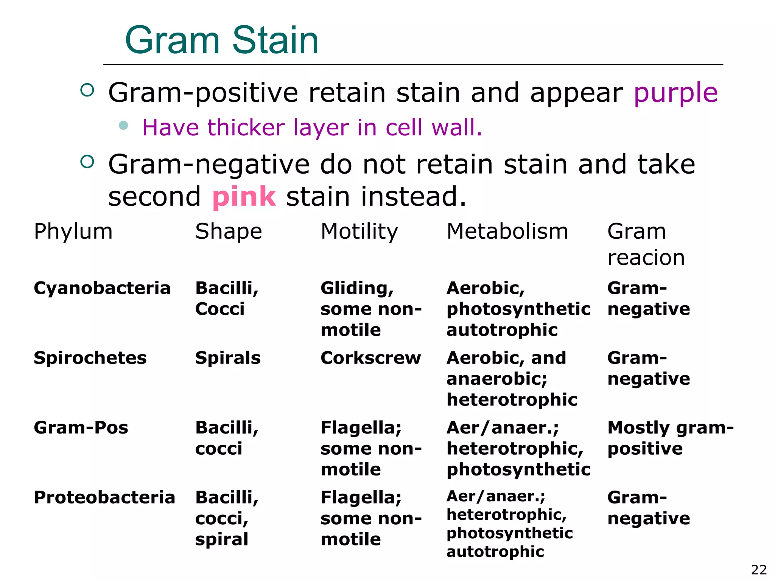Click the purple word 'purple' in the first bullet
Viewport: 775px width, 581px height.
[675, 93]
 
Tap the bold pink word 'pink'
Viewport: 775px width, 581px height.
[244, 197]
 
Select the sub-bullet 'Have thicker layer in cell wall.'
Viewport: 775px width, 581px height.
[312, 127]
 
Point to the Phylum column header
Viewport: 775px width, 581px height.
[73, 231]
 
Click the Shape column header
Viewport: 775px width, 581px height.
[229, 231]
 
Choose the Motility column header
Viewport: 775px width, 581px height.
[359, 231]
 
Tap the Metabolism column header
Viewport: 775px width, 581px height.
[507, 231]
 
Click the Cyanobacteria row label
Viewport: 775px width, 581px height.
[102, 288]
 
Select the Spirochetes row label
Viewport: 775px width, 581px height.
[90, 358]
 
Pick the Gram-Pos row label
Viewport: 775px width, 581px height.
[81, 428]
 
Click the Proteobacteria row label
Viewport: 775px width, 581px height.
[104, 497]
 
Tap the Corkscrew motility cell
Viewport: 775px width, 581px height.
[370, 358]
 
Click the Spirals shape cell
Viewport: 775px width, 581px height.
[228, 358]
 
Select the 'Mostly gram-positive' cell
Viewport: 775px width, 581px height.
[670, 438]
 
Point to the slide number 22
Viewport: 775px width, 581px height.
[759, 570]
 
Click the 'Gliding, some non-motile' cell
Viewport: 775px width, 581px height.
[371, 309]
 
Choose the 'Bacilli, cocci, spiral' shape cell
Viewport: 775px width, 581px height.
[227, 518]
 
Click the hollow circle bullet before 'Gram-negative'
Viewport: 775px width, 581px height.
[87, 162]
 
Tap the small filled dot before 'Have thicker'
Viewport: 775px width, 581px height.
[123, 125]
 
